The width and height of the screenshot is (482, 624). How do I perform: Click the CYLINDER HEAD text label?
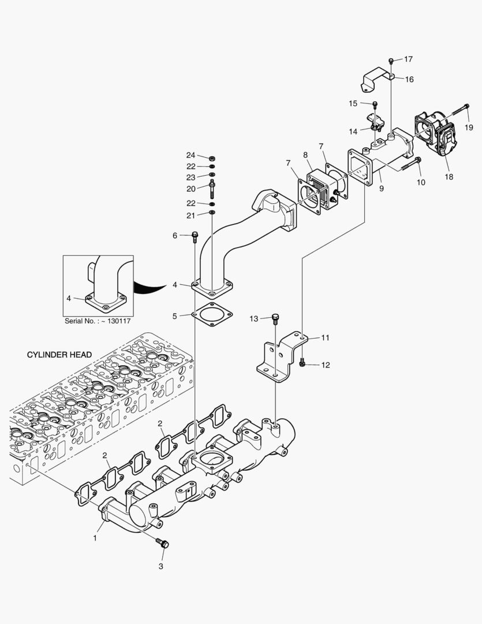(x=59, y=354)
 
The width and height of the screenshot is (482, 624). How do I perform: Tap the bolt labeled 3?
(x=163, y=543)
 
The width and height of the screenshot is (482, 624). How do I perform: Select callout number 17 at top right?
(x=408, y=60)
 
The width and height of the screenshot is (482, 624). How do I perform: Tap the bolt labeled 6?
(x=195, y=235)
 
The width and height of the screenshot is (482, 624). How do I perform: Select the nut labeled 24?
(x=212, y=157)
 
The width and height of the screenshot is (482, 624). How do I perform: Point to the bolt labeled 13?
(x=276, y=317)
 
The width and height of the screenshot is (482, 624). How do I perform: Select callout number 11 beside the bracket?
(x=325, y=337)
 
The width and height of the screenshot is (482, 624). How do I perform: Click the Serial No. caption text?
(x=98, y=321)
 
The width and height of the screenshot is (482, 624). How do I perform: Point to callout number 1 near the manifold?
(x=95, y=538)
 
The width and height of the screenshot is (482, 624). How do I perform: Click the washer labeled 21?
(x=212, y=214)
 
